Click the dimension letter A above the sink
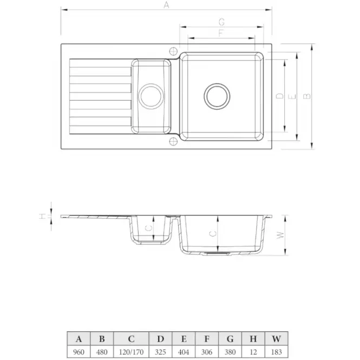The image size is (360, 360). [166, 5]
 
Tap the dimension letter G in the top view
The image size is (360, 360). [221, 22]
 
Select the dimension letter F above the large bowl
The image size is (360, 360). [221, 33]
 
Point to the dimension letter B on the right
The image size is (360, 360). [307, 96]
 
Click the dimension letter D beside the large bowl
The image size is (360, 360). [280, 96]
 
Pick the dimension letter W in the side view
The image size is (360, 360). [280, 235]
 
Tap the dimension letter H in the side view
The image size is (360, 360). [43, 216]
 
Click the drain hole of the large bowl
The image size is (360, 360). [217, 96]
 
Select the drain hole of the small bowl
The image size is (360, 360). [151, 96]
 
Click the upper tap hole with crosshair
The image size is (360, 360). [173, 51]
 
